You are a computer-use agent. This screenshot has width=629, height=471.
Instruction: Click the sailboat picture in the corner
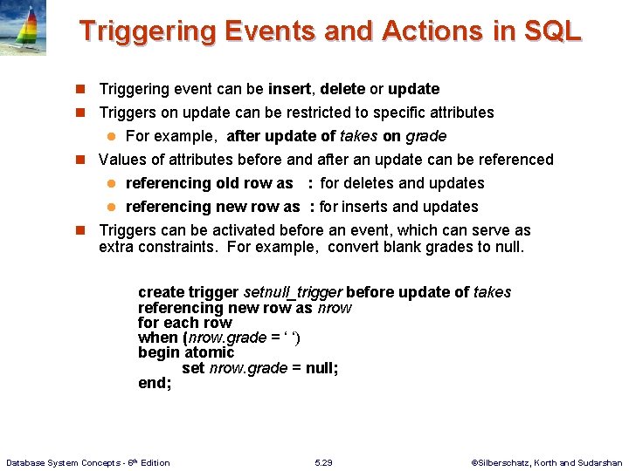tap(23, 28)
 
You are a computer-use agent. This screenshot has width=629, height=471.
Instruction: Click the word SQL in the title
tap(552, 31)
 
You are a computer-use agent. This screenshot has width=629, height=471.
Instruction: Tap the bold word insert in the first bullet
tap(292, 89)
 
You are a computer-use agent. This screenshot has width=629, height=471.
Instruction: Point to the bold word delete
tap(342, 89)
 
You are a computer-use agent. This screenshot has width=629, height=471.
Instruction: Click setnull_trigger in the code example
tap(292, 292)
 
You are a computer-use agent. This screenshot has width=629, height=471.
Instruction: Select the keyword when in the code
tap(157, 338)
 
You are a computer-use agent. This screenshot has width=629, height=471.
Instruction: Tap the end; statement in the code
tap(155, 383)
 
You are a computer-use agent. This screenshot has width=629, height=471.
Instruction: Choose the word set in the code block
tap(193, 368)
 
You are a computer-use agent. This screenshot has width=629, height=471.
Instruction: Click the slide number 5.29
tap(323, 462)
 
